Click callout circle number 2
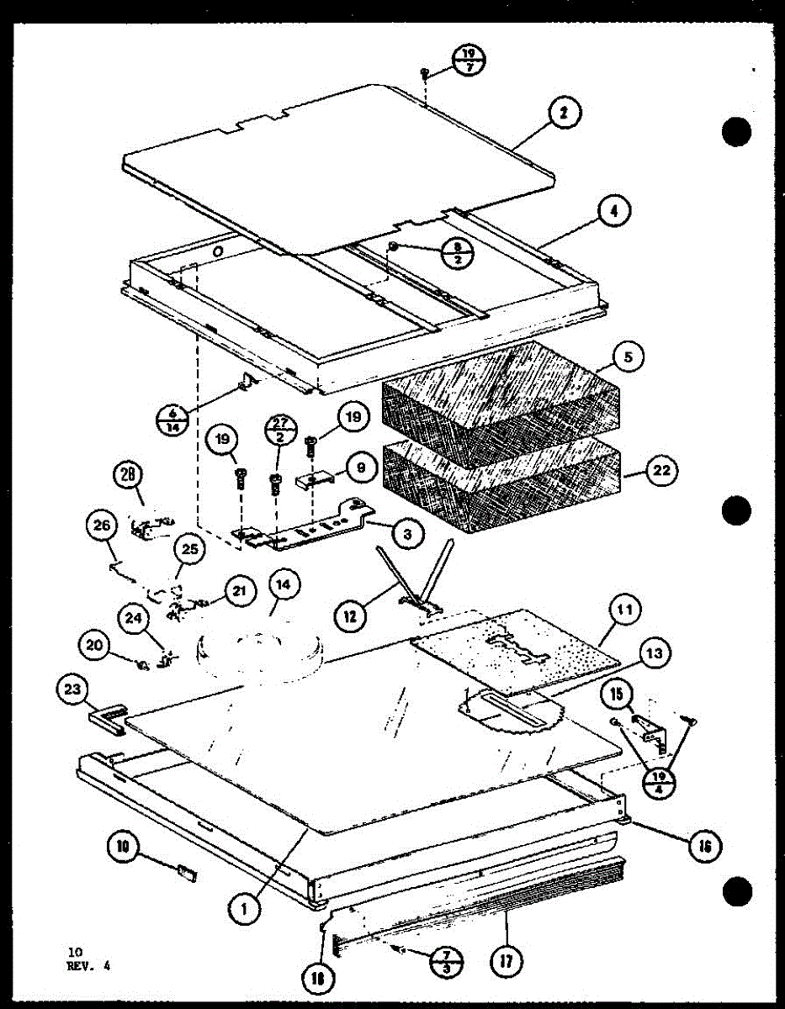tap(566, 114)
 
